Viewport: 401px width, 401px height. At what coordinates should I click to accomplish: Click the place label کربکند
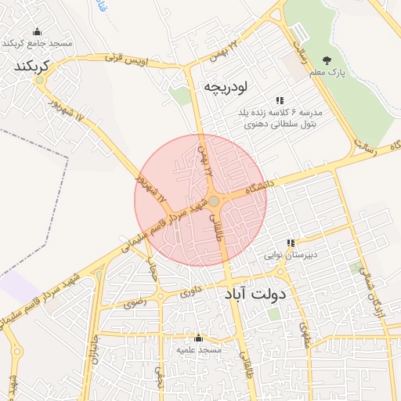click(x=32, y=67)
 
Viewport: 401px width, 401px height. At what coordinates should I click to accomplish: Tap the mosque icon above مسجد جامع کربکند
click(x=37, y=32)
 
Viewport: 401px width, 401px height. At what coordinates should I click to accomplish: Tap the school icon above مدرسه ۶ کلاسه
click(x=280, y=100)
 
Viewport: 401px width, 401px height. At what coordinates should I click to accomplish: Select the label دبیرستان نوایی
click(x=291, y=255)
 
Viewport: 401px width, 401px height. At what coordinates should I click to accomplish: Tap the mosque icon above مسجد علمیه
click(x=197, y=338)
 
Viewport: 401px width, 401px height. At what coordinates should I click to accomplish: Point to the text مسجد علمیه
click(x=199, y=350)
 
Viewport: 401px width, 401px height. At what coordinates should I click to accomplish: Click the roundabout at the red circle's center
click(x=214, y=201)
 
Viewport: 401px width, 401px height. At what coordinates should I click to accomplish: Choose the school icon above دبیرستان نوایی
click(x=292, y=243)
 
